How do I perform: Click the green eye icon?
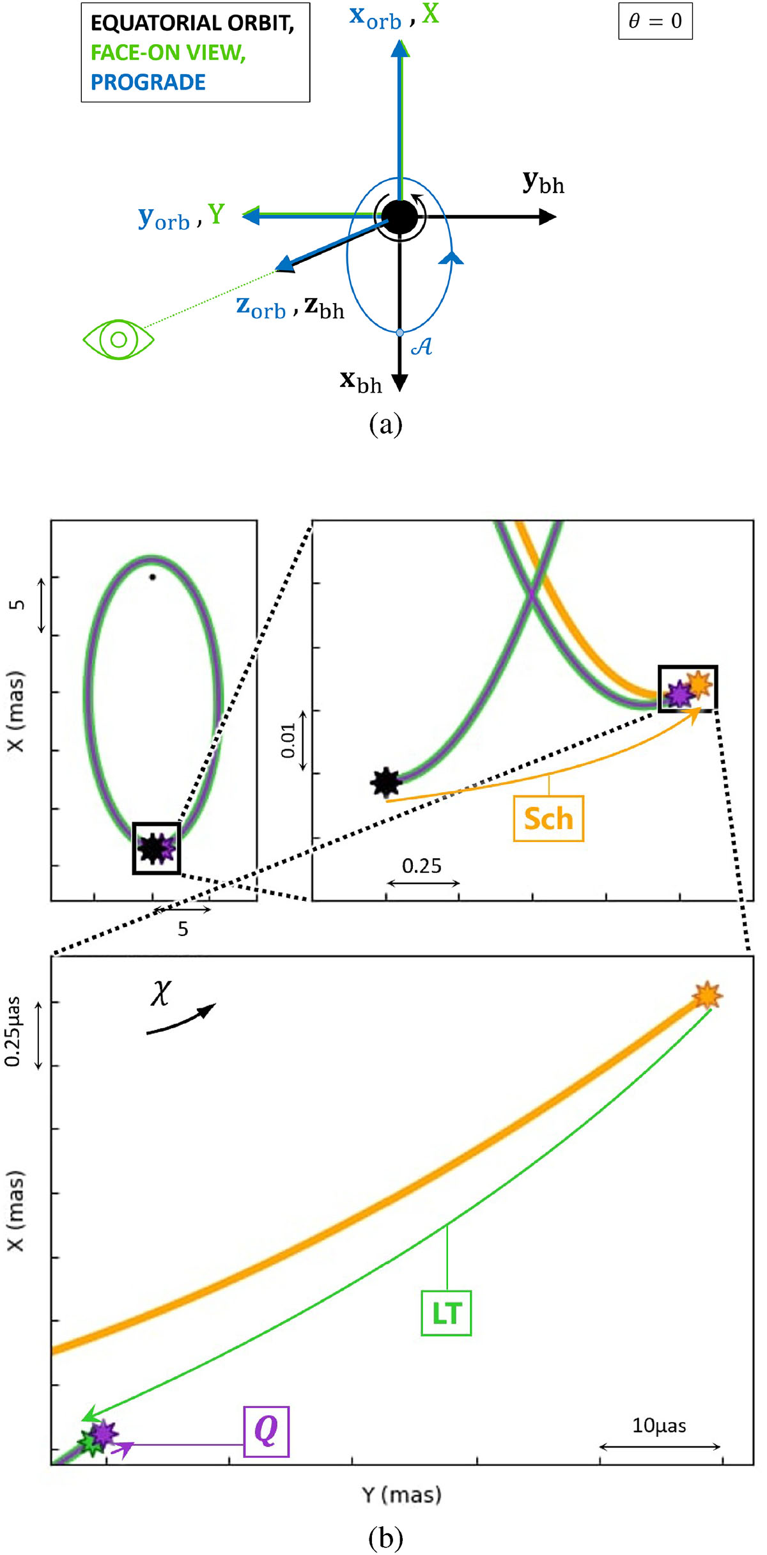(119, 339)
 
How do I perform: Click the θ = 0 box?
(655, 21)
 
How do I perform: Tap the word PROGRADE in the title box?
(148, 82)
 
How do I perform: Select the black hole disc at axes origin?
(400, 217)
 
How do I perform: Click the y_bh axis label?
(543, 183)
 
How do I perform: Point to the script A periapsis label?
(421, 347)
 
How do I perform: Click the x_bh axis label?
(360, 382)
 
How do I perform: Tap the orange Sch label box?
(548, 818)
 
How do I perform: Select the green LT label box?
(446, 1313)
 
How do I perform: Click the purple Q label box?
(267, 1431)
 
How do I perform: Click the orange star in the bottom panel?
(708, 996)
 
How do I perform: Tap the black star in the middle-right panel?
(386, 782)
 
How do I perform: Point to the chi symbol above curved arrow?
(161, 992)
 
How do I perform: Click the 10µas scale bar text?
(659, 1426)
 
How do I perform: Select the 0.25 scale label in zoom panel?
(422, 866)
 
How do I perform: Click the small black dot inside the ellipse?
(152, 577)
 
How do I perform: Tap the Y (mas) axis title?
(401, 1495)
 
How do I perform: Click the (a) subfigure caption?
(385, 424)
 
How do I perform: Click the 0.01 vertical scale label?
(289, 740)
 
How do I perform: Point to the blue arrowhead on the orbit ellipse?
(453, 257)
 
